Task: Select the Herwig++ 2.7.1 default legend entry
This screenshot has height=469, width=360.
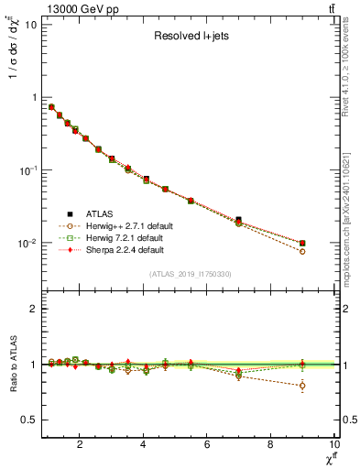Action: (x=120, y=224)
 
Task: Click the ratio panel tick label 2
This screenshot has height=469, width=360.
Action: (x=32, y=309)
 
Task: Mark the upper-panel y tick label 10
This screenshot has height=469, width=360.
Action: (x=27, y=23)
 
